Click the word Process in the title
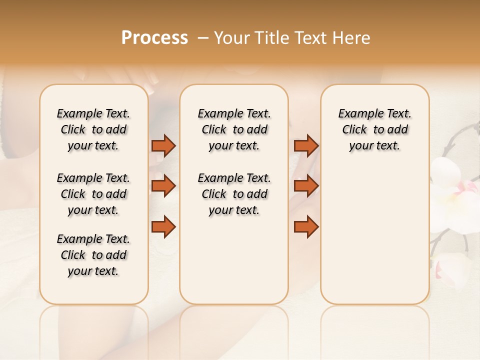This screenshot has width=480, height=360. click(x=154, y=38)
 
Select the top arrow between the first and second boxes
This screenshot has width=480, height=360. click(x=163, y=145)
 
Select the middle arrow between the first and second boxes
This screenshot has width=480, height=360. click(x=163, y=186)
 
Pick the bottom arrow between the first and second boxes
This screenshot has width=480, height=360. click(x=163, y=227)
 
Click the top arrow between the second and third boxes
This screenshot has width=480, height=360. click(x=306, y=145)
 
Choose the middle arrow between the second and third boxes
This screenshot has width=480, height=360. click(x=306, y=186)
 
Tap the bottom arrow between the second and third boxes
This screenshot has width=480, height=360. click(x=306, y=227)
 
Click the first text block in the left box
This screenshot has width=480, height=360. click(x=93, y=129)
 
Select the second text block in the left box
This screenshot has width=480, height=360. click(x=93, y=194)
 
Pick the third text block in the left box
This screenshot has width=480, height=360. click(x=93, y=255)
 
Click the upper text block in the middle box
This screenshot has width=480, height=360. click(x=234, y=129)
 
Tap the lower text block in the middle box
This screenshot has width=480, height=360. click(x=234, y=194)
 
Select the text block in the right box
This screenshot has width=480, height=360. click(x=374, y=129)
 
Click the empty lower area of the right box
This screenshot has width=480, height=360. click(x=374, y=235)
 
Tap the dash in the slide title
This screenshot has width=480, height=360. click(x=203, y=38)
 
